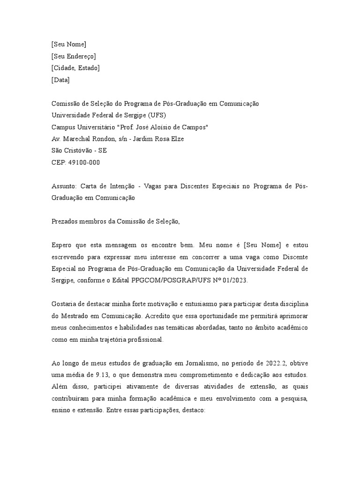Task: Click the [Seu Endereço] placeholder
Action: pyautogui.click(x=74, y=56)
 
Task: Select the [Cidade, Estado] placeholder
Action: pyautogui.click(x=75, y=68)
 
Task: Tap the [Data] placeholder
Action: pyautogui.click(x=60, y=80)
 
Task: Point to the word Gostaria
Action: pyautogui.click(x=65, y=304)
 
